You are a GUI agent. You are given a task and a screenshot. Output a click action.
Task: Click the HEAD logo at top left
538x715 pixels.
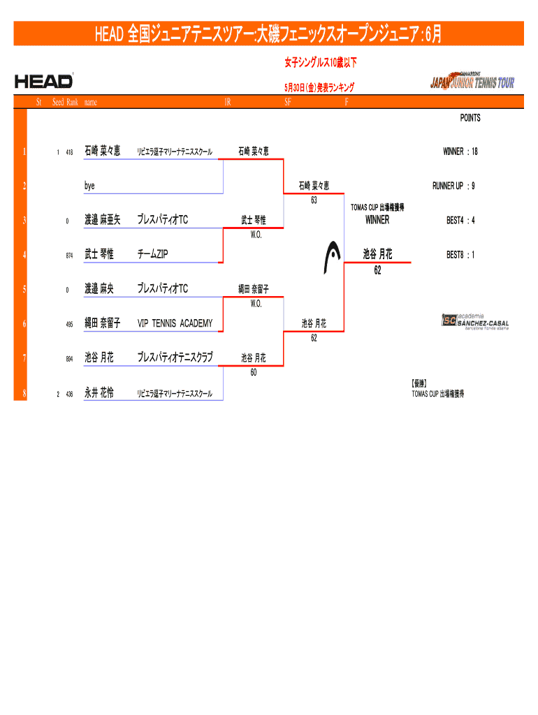pos(43,82)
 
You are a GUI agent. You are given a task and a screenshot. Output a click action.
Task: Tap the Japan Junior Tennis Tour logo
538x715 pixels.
pos(472,82)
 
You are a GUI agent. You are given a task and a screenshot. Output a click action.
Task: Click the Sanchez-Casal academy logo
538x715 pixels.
pos(474,320)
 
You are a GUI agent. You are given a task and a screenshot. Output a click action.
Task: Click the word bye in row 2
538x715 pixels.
pos(89,186)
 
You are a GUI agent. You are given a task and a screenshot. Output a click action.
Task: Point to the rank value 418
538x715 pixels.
pos(69,152)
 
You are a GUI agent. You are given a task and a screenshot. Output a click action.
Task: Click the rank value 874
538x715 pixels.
pos(69,256)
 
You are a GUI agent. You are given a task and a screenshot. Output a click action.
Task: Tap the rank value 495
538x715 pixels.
pos(69,324)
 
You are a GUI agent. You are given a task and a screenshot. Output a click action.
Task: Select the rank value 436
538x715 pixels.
pos(69,395)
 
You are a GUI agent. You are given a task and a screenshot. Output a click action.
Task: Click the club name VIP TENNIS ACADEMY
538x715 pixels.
pos(175,323)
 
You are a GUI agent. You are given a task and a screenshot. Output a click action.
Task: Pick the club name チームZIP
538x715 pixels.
pos(152,254)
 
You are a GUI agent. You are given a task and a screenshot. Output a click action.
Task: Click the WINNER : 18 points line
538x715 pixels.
pos(460,152)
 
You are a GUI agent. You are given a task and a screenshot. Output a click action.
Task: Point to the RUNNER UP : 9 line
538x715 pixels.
pos(454,186)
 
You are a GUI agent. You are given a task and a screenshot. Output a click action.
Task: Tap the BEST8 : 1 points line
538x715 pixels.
pos(461,255)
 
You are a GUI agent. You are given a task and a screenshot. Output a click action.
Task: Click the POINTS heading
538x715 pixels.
pos(470,118)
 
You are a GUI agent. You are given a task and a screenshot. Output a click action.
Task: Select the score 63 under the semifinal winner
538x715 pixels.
pos(314,200)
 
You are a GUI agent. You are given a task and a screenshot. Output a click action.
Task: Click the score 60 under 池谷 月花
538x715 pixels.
pos(253,372)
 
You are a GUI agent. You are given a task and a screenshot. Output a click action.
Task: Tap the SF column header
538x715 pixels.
pos(288,103)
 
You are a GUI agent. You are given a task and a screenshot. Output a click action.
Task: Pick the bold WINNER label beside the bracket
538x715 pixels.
pos(377,221)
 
